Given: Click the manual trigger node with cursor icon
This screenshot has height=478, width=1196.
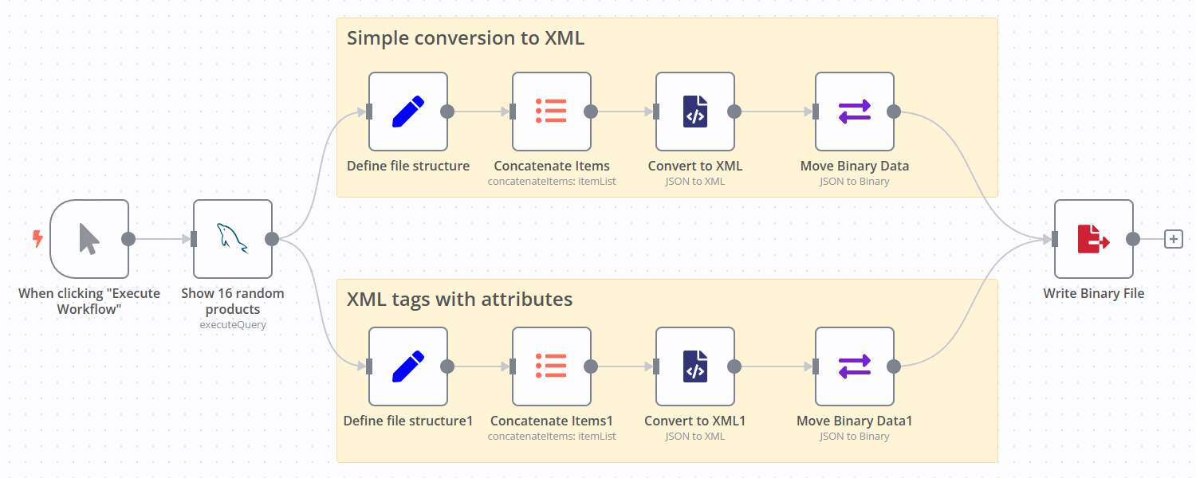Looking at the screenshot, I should coord(89,239).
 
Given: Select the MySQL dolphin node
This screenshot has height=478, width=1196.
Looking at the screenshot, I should coord(233,239).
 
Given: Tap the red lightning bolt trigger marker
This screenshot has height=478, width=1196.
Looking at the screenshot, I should coord(37,238).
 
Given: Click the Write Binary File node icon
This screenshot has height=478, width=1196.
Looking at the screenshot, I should coord(1093,239).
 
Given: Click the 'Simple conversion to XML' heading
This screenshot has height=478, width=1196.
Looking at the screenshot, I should coord(466,38).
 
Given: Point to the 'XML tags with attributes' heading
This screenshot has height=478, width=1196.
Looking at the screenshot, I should coord(459,300).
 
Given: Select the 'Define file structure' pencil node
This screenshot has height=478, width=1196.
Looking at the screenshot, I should coord(408,112).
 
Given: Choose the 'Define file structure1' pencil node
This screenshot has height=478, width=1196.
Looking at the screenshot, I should coord(408,366).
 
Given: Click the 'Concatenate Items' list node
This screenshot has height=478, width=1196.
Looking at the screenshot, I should coord(552,112).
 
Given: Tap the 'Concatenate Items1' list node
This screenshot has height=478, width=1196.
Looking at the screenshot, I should coord(552,366).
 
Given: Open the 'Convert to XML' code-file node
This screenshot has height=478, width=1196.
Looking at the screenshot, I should coord(695,112).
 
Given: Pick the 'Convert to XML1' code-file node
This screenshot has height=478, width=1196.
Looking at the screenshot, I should coord(695,366).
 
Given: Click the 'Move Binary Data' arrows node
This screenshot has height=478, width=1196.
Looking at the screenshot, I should coord(855,112).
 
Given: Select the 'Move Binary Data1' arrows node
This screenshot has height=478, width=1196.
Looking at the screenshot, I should coord(855,366).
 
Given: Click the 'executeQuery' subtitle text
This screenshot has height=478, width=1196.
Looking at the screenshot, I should coord(233,325).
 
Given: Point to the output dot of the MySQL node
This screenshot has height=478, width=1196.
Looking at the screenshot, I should coord(272,239).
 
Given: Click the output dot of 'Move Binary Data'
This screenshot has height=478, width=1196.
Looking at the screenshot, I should coord(894,112).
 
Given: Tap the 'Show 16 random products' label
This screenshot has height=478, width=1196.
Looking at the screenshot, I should coord(233,301).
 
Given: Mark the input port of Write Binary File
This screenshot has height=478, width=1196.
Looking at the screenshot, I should coord(1055,239).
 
